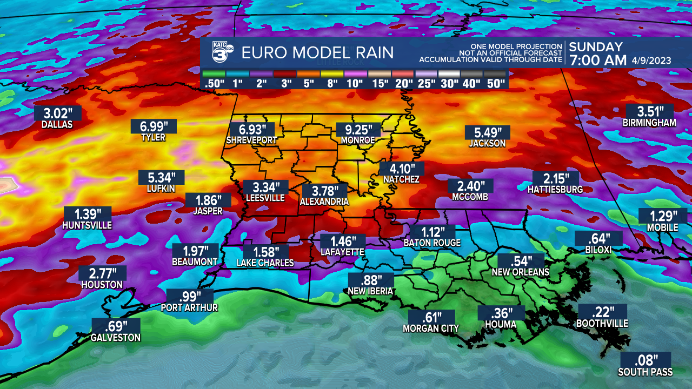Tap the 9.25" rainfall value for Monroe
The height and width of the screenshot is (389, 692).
358,130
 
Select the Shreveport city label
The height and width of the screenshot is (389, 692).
251,140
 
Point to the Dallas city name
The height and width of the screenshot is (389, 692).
57,124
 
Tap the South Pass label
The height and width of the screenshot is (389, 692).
646,372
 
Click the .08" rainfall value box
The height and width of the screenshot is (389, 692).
646,360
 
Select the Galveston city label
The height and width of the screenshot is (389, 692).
116,338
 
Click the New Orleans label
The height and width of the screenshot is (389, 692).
520,272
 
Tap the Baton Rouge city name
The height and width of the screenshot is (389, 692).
432,243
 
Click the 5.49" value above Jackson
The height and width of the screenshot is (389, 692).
487,132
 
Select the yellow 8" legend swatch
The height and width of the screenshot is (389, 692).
332,73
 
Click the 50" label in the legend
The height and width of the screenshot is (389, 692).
495,84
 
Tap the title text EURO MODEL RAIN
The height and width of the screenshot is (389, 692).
317,52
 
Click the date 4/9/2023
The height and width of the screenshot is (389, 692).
651,61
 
